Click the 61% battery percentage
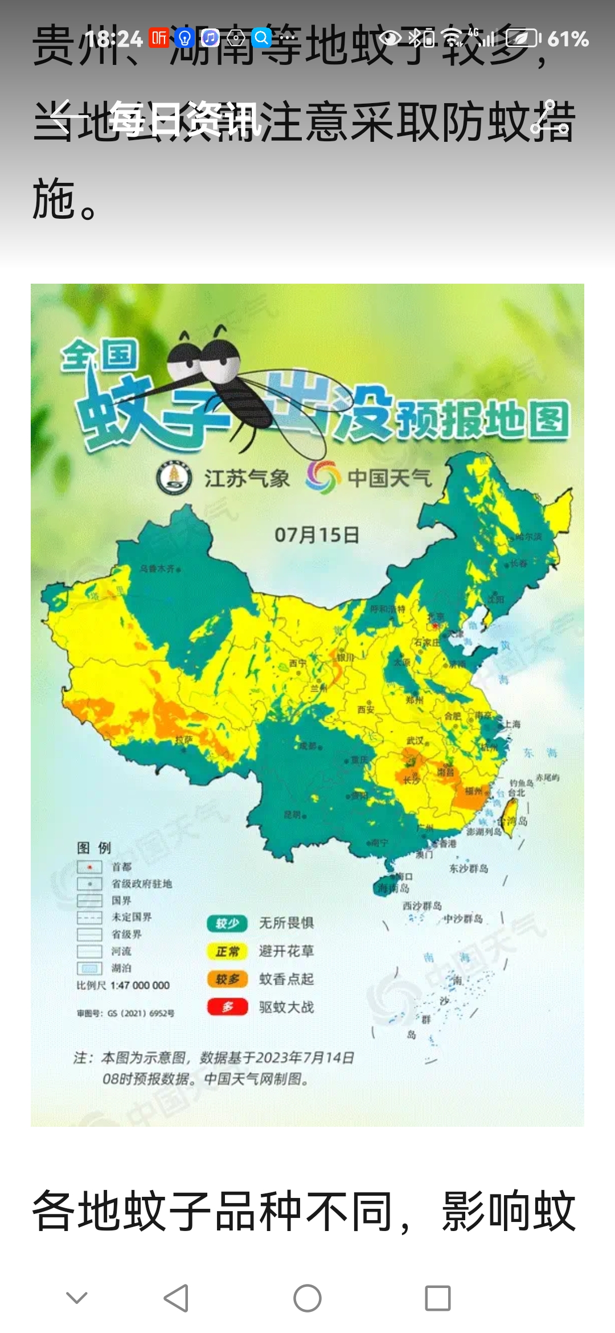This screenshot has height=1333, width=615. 568,39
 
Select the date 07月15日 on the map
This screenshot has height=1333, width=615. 317,535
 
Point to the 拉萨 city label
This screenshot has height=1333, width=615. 183,739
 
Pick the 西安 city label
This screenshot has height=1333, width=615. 366,709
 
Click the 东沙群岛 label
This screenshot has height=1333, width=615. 468,868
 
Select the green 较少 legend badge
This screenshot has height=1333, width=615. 227,923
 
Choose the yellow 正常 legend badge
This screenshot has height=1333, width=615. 227,951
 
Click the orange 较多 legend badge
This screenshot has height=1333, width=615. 227,979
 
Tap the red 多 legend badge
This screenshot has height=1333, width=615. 227,1007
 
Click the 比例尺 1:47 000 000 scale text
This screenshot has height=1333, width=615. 123,986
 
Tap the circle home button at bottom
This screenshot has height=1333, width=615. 307,1298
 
